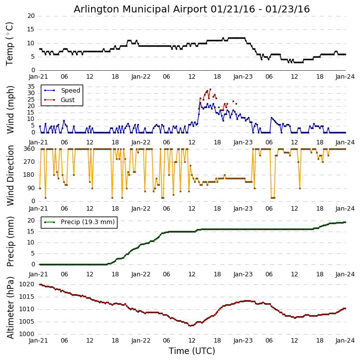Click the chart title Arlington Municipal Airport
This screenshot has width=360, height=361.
pos(192,9)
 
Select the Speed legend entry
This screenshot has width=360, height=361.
pos(70,91)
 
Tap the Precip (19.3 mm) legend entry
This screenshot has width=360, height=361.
pos(87,222)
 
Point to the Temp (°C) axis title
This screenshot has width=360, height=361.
pos(10,43)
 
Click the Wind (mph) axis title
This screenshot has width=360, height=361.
pos(10,109)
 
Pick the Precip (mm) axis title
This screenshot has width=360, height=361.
pos(10,241)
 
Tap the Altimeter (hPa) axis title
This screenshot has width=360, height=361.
pos(10,307)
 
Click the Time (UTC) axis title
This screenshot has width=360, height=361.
pos(192,351)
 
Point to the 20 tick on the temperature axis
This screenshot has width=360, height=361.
pos(30,16)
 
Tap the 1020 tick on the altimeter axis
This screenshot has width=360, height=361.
pos(26,284)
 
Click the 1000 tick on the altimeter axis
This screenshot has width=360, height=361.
pos(26,334)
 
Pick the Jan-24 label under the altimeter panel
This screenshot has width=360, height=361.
pos(346,341)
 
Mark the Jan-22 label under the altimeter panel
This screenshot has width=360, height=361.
pos(141,341)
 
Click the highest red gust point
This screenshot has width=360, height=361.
pos(210,89)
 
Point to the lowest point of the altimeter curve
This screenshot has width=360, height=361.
pos(190,326)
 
